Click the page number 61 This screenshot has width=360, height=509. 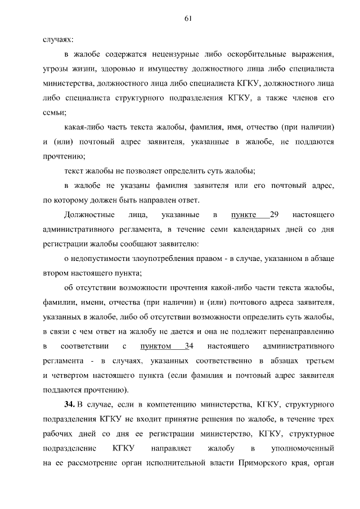[188, 19]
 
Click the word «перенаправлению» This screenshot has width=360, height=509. [303, 331]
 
